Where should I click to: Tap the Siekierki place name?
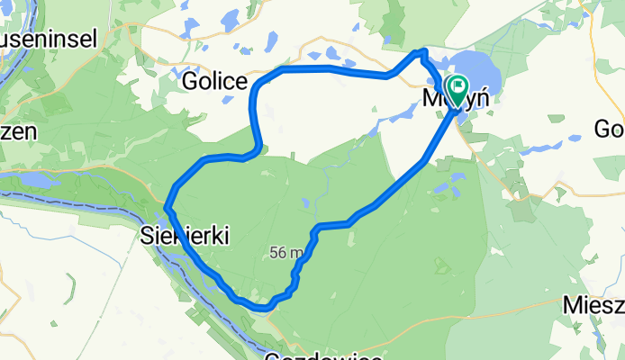[186, 236]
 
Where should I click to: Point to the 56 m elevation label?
[285, 254]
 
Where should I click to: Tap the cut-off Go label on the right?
[609, 129]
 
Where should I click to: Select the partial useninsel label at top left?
[40, 41]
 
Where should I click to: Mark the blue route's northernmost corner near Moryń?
[421, 51]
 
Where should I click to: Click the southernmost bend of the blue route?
[262, 308]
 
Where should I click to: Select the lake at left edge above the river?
[36, 181]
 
